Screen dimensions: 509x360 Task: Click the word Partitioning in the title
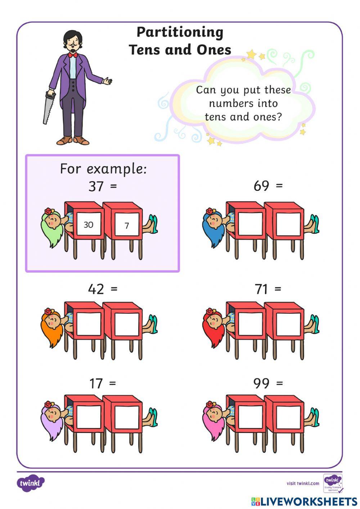[x=180, y=32]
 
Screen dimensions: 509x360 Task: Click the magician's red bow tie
[x=73, y=55]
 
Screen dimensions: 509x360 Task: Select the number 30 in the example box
[x=88, y=225]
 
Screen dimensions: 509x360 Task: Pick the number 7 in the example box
[x=127, y=226]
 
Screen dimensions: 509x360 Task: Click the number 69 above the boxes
[x=261, y=186]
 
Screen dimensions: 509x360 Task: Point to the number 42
[x=96, y=289]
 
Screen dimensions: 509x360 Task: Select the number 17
[x=96, y=383]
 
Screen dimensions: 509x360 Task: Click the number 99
[x=261, y=383]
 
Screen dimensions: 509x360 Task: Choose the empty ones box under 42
[x=127, y=326]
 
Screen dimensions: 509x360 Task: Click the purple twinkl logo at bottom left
[x=31, y=483]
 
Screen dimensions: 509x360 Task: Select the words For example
[x=103, y=169]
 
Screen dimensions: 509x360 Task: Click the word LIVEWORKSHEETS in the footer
[x=308, y=501]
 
